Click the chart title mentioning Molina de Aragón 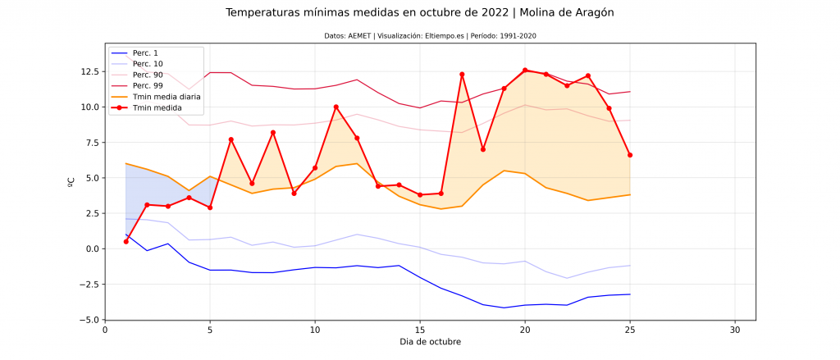419,13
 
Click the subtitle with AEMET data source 419,35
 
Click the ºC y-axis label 71,181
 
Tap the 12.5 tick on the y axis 88,71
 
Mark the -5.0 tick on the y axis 88,320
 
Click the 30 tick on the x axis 735,330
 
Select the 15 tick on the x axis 420,330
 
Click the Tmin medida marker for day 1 126,241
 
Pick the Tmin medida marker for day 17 462,74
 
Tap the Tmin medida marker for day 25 630,155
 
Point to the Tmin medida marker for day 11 336,107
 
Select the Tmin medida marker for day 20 525,71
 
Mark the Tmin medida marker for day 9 294,194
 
